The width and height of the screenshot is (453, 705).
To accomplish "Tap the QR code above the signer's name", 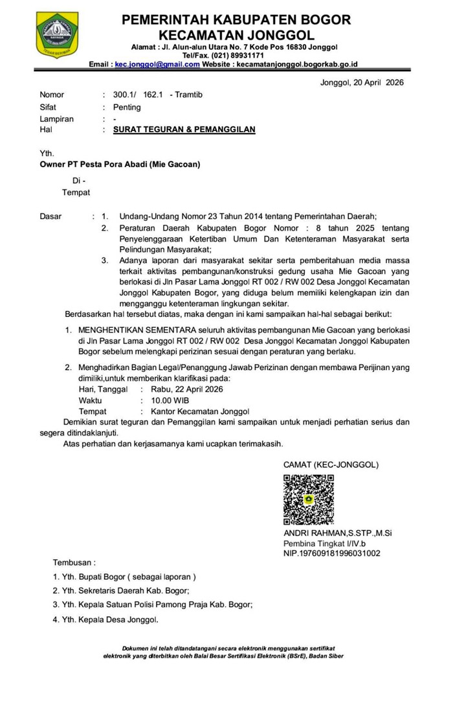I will tap(309, 500).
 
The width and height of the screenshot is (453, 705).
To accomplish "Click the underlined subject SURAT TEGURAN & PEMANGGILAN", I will tap(184, 130).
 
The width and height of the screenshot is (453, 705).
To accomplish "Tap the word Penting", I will tap(127, 107).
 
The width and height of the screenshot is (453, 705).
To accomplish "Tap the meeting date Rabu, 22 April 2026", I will tap(186, 389).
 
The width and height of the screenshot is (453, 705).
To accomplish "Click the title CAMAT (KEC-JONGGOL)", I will tap(331, 465).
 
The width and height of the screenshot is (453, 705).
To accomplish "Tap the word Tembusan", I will tap(74, 562).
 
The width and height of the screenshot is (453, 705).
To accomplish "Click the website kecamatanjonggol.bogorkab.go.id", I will tap(296, 65).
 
